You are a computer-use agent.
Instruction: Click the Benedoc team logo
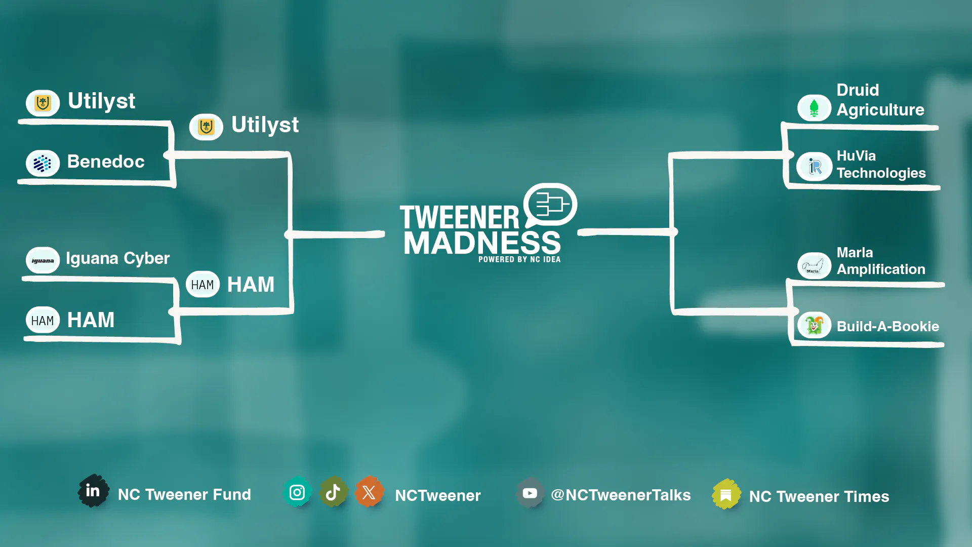[43, 163]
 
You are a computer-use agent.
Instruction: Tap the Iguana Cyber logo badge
[43, 260]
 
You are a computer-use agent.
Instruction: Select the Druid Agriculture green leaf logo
[814, 108]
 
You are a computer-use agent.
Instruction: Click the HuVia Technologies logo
[814, 166]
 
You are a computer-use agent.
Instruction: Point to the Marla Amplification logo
[814, 266]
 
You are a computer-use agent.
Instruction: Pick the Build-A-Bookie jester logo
[814, 325]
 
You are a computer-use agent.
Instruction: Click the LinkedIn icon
[93, 490]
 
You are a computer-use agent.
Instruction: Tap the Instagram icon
[297, 492]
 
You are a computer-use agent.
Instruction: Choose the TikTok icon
[333, 492]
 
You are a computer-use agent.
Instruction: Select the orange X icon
[369, 492]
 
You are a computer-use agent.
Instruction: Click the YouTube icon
[530, 493]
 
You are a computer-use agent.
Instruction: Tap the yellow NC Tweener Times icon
[726, 494]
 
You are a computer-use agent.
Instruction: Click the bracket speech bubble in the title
[550, 204]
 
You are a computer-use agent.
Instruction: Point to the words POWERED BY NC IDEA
[519, 259]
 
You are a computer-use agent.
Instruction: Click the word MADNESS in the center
[482, 243]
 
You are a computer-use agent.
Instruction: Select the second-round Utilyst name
[265, 125]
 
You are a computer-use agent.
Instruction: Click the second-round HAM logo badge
[202, 285]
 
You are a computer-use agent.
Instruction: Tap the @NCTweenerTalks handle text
[621, 495]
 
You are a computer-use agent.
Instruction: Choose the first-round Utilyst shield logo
[43, 103]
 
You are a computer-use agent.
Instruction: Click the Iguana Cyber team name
[117, 258]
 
